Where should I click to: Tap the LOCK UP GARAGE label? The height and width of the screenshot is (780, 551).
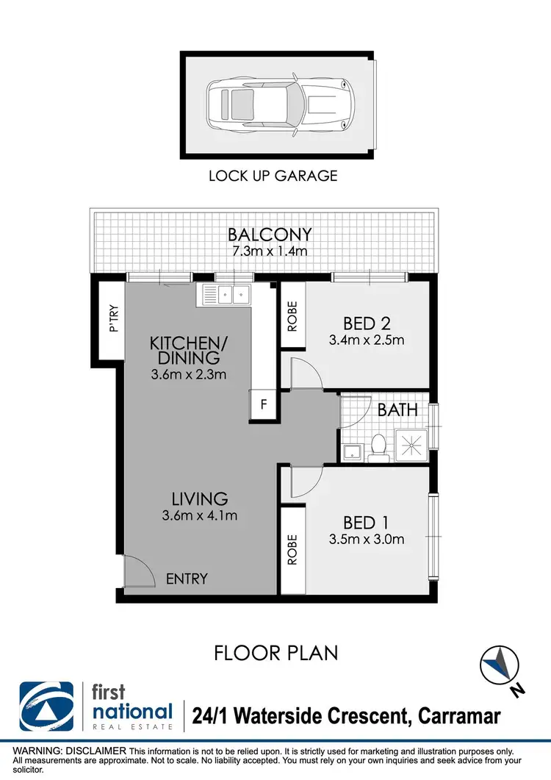[273, 176]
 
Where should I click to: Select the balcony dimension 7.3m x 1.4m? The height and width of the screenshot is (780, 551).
[270, 251]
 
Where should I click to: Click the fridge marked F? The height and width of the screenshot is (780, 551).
[263, 405]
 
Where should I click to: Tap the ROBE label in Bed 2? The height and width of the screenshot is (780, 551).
[292, 315]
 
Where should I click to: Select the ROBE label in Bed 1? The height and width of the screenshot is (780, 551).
[292, 548]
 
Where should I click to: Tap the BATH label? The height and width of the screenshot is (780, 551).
[397, 409]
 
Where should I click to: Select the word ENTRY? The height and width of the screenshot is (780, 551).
[187, 579]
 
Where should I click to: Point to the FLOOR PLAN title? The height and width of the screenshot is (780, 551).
[275, 652]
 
